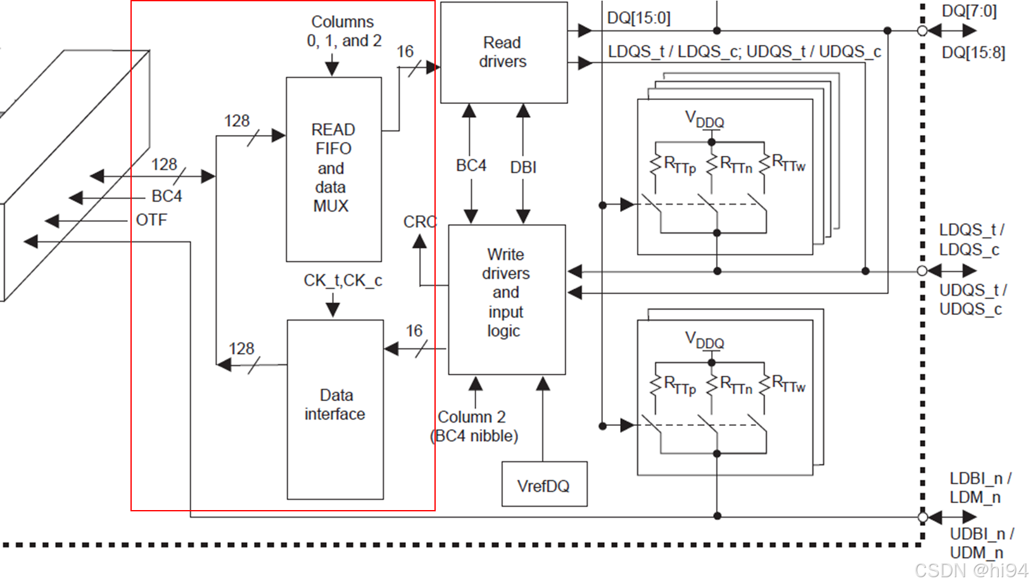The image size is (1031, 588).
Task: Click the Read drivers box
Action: tap(503, 53)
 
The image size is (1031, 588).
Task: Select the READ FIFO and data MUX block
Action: tap(333, 169)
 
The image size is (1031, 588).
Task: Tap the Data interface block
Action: tap(335, 409)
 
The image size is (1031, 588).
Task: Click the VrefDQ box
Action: tap(544, 485)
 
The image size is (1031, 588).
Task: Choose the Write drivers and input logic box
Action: tap(506, 298)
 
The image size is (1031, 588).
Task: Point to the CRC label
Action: tap(420, 222)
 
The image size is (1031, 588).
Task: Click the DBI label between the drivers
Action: tap(523, 167)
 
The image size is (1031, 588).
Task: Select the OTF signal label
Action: tap(151, 220)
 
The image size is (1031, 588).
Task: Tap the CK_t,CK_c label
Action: tap(343, 280)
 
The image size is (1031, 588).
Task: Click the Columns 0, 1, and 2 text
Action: tap(343, 31)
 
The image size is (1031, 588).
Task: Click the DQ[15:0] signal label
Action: tap(638, 18)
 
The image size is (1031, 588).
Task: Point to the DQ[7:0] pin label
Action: tap(969, 11)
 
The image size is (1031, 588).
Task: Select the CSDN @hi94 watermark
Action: tap(971, 570)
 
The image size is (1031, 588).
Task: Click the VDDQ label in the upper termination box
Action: tap(704, 119)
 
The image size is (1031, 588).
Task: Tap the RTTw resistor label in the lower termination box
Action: tap(788, 385)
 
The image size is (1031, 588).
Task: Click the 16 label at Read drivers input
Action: tap(405, 51)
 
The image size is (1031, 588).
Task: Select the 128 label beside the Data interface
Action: tap(241, 348)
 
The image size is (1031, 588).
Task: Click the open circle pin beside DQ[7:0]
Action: tap(922, 30)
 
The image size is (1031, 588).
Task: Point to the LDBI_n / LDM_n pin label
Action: tap(980, 487)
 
